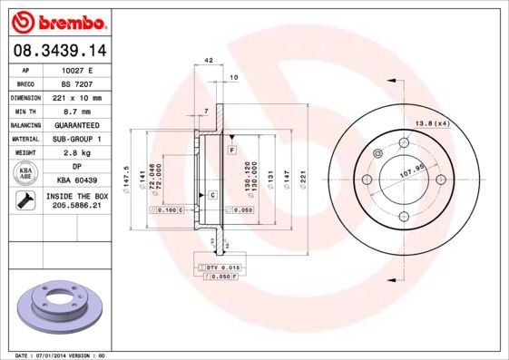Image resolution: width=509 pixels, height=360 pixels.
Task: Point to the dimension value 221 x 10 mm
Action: pos(77,96)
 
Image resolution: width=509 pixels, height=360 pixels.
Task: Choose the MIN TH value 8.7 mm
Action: pos(77,111)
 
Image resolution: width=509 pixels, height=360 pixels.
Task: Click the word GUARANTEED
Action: pos(77,124)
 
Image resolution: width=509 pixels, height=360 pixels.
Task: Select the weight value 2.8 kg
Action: pos(77,153)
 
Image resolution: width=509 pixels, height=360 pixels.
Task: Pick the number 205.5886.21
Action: pos(77,207)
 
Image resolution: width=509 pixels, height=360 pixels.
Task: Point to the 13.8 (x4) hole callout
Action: pos(433,122)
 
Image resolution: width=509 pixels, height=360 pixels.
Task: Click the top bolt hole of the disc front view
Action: pos(403,141)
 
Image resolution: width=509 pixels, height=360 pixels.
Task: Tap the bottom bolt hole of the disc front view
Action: pos(403,215)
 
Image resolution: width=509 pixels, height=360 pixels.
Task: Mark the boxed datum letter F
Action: pos(232,149)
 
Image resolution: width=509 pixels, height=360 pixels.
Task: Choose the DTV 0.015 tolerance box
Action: pos(220,269)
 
